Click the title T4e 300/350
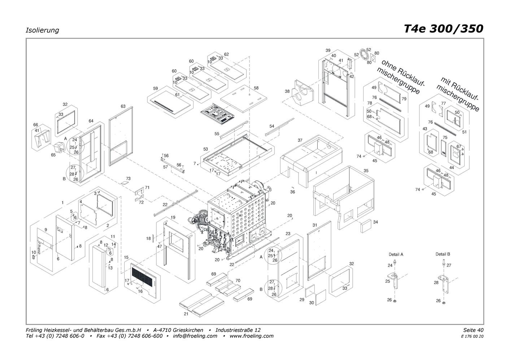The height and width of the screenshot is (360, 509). point(443,29)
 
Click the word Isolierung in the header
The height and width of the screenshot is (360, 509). point(42,30)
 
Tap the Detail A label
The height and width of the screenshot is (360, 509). point(396,254)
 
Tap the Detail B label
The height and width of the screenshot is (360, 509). point(443,254)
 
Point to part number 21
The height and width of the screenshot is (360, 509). point(186,314)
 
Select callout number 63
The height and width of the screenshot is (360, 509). point(123,106)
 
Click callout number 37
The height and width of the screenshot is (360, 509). point(300,140)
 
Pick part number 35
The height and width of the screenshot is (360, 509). point(366,170)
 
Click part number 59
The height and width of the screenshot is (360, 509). point(156,88)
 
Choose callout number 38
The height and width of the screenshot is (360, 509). point(287,91)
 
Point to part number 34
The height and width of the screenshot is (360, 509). point(375,222)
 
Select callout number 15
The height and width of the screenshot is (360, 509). point(126,257)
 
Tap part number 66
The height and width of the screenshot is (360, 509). point(36,125)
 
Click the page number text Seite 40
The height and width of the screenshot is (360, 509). point(473,330)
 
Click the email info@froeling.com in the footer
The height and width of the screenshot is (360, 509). point(195,336)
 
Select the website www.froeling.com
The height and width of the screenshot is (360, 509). point(251,336)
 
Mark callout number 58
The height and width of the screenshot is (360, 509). point(256,88)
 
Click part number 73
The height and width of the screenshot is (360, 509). point(128,179)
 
